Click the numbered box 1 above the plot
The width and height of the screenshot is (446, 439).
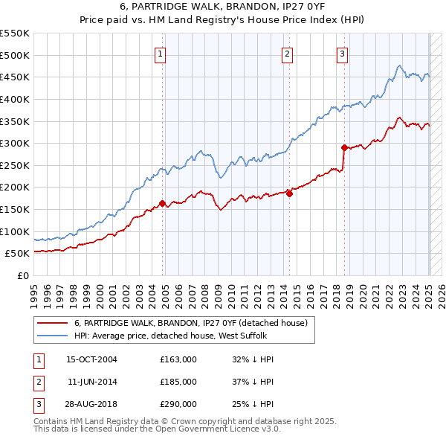161,53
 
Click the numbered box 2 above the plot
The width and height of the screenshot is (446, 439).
287,53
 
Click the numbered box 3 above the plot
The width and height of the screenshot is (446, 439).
342,53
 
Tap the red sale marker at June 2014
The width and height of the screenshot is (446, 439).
290,193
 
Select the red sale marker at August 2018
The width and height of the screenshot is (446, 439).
344,147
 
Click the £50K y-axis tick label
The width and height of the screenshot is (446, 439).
18,254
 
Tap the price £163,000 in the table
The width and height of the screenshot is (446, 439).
178,359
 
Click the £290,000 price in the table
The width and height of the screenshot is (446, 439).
178,404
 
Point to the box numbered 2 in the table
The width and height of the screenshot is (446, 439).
37,382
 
